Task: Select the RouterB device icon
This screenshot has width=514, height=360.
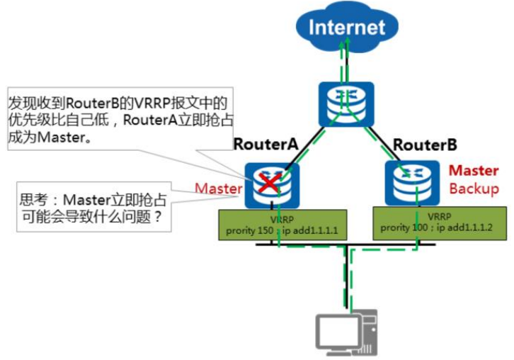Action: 409,184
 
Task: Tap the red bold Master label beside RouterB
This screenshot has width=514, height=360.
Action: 474,171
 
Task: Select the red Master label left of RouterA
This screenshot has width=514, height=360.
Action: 219,188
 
